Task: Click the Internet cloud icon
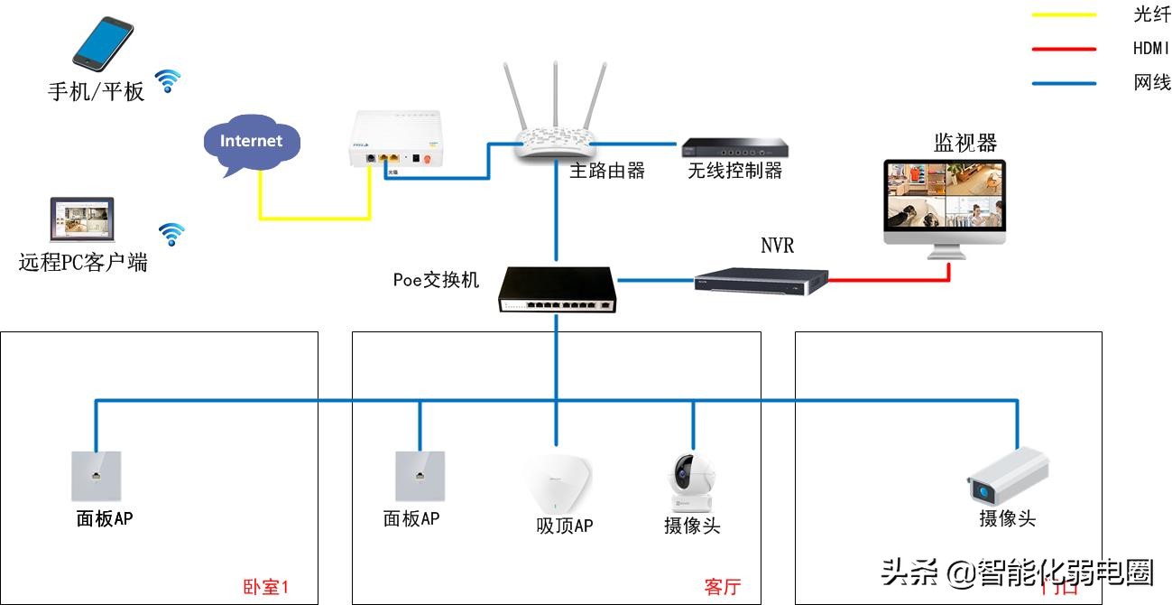(251, 143)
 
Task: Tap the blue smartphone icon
(102, 43)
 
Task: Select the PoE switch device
(558, 290)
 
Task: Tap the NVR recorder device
(761, 280)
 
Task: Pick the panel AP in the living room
(420, 475)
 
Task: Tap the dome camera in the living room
(692, 483)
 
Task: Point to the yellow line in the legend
(1064, 15)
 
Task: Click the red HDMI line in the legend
(1064, 49)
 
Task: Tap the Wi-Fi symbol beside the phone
(167, 81)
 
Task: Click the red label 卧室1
(266, 587)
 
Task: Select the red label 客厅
(722, 587)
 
